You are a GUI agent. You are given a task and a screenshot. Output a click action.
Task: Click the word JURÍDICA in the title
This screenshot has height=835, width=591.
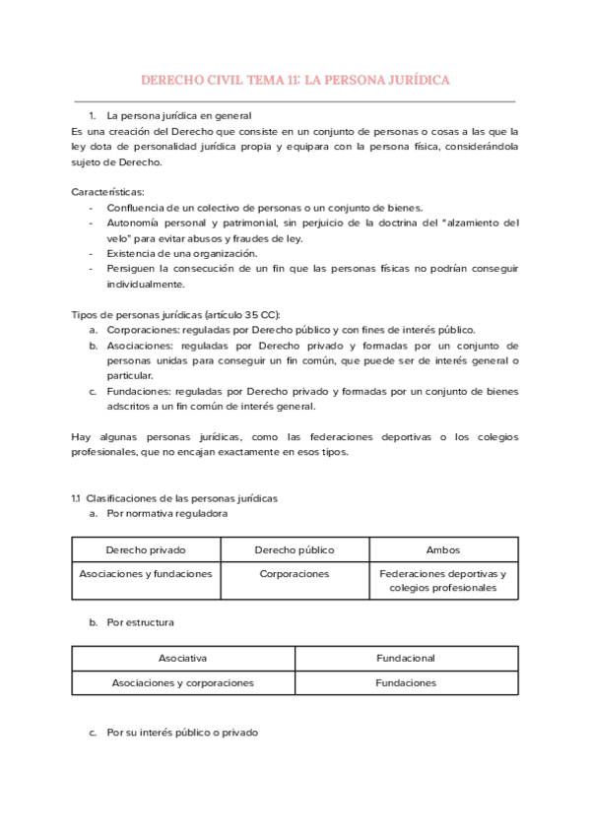[415, 80]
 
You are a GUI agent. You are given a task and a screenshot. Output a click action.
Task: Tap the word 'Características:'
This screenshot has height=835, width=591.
[107, 191]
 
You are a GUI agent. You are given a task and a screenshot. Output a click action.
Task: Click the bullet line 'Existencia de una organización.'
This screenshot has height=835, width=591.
[182, 253]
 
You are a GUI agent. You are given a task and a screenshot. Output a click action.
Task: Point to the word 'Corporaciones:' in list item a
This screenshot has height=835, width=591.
[143, 330]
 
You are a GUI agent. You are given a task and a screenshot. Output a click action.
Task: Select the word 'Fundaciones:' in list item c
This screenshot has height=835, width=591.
[139, 391]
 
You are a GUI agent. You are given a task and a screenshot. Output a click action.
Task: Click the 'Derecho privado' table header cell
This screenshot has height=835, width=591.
[146, 549]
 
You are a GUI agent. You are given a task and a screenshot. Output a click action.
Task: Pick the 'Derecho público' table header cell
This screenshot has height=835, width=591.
[295, 549]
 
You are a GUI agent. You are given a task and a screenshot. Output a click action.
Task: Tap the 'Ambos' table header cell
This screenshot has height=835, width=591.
[443, 549]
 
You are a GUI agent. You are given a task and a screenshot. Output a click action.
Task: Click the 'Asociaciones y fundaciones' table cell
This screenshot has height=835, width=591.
[146, 574]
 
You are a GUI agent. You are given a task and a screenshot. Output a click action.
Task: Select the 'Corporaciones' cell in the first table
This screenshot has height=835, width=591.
[295, 574]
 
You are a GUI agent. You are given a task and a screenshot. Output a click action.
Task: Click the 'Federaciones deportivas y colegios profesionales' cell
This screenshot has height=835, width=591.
[443, 581]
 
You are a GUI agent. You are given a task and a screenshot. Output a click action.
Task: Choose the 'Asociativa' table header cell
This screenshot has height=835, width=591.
[182, 658]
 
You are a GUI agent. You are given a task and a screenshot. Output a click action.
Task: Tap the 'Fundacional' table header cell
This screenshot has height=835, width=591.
[406, 658]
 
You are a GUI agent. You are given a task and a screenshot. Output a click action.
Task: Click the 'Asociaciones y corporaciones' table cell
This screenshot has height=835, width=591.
[182, 682]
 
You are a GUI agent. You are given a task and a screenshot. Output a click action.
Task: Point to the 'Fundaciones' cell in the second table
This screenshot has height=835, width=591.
[406, 682]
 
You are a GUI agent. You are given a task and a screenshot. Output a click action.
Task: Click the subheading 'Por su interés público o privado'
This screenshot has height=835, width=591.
[182, 733]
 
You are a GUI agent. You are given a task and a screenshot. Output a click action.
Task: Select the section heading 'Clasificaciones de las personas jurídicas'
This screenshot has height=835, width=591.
[182, 498]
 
